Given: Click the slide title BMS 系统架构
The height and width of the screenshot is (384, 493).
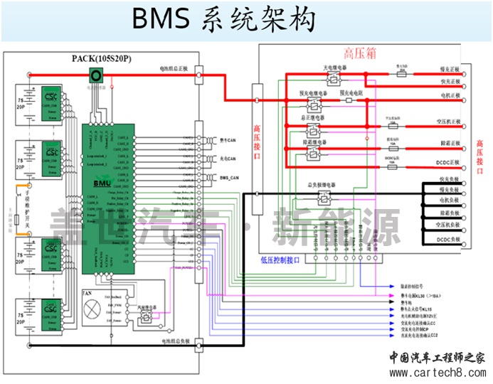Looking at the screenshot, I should click(x=223, y=21).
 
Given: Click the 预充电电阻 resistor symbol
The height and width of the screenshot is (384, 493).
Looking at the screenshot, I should click(x=349, y=100).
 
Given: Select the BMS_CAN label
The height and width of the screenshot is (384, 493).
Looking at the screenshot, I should click(x=229, y=177).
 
